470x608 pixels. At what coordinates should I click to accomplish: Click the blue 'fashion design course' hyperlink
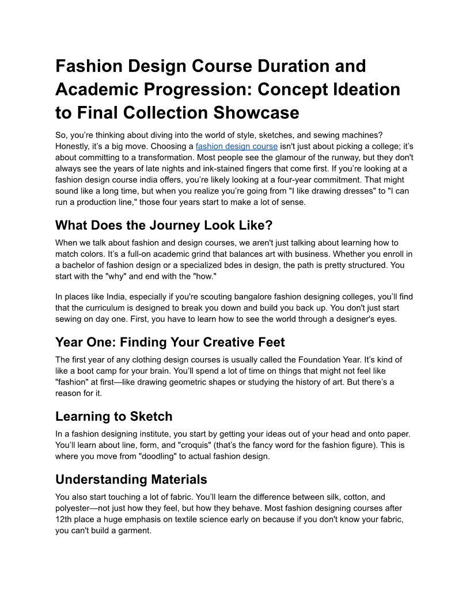pyautogui.click(x=236, y=146)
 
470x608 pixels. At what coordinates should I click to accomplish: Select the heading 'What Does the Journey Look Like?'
pyautogui.click(x=164, y=225)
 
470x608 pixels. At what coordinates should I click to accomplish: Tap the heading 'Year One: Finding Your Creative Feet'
pyautogui.click(x=170, y=343)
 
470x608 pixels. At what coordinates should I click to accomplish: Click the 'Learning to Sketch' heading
pyautogui.click(x=113, y=416)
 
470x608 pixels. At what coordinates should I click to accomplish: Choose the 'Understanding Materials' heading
pyautogui.click(x=131, y=480)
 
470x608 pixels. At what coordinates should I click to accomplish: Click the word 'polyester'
pyautogui.click(x=76, y=508)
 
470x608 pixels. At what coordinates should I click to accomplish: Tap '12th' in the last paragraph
pyautogui.click(x=64, y=519)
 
